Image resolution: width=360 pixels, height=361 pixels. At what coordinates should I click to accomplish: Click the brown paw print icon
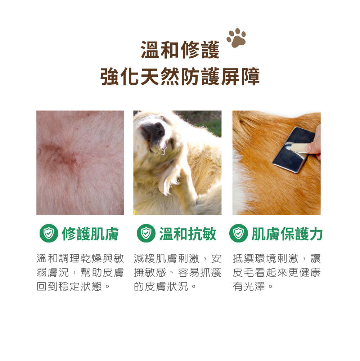click(237, 38)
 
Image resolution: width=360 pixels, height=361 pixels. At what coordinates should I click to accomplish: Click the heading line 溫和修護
click(180, 50)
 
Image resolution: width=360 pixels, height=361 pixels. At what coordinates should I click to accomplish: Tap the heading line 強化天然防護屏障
click(180, 77)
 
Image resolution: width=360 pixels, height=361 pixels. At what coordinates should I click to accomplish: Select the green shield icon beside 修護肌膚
click(49, 233)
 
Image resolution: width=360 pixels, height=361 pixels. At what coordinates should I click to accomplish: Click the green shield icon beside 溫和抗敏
click(146, 233)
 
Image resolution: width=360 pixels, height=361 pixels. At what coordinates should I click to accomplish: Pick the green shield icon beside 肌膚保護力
click(239, 233)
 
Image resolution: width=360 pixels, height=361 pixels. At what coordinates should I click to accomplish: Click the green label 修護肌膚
click(90, 234)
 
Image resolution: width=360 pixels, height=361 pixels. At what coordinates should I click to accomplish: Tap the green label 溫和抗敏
click(188, 234)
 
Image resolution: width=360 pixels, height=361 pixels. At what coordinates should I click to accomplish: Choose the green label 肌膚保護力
click(287, 234)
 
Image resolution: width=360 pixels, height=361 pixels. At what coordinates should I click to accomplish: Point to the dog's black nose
click(154, 131)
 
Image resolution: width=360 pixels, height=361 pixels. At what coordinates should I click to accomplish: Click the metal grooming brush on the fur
click(294, 149)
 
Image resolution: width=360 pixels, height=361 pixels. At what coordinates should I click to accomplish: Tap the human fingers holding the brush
click(314, 143)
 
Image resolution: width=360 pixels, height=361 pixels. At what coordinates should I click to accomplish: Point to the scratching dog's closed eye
click(172, 144)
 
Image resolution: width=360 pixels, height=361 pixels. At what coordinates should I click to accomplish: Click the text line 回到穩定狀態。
click(73, 287)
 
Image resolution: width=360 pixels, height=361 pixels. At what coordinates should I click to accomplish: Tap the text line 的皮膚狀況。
click(165, 287)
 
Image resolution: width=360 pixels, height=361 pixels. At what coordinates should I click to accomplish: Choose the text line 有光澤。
click(253, 287)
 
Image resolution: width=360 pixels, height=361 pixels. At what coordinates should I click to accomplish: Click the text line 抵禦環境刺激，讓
click(276, 258)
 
